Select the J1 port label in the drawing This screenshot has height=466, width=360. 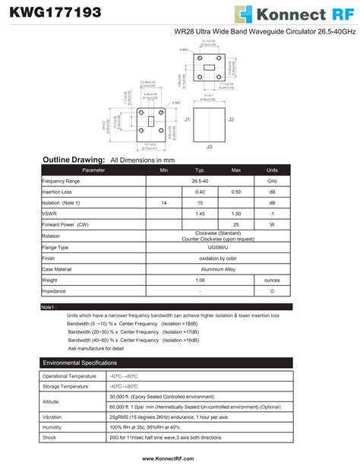click(x=187, y=119)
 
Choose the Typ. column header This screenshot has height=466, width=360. click(x=200, y=170)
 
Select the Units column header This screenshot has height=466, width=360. click(x=272, y=170)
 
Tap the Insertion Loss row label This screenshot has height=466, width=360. click(x=56, y=192)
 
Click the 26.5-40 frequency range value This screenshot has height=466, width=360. click(x=200, y=182)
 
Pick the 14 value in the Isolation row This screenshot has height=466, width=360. click(x=164, y=204)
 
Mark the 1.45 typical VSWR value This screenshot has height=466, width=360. click(x=200, y=214)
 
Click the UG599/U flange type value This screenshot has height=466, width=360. click(x=200, y=248)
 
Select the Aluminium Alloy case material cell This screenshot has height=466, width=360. click(x=200, y=269)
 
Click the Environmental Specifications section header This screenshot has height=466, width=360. click(x=80, y=363)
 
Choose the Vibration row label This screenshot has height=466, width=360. click(x=52, y=417)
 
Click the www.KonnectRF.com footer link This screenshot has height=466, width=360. click(x=168, y=459)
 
